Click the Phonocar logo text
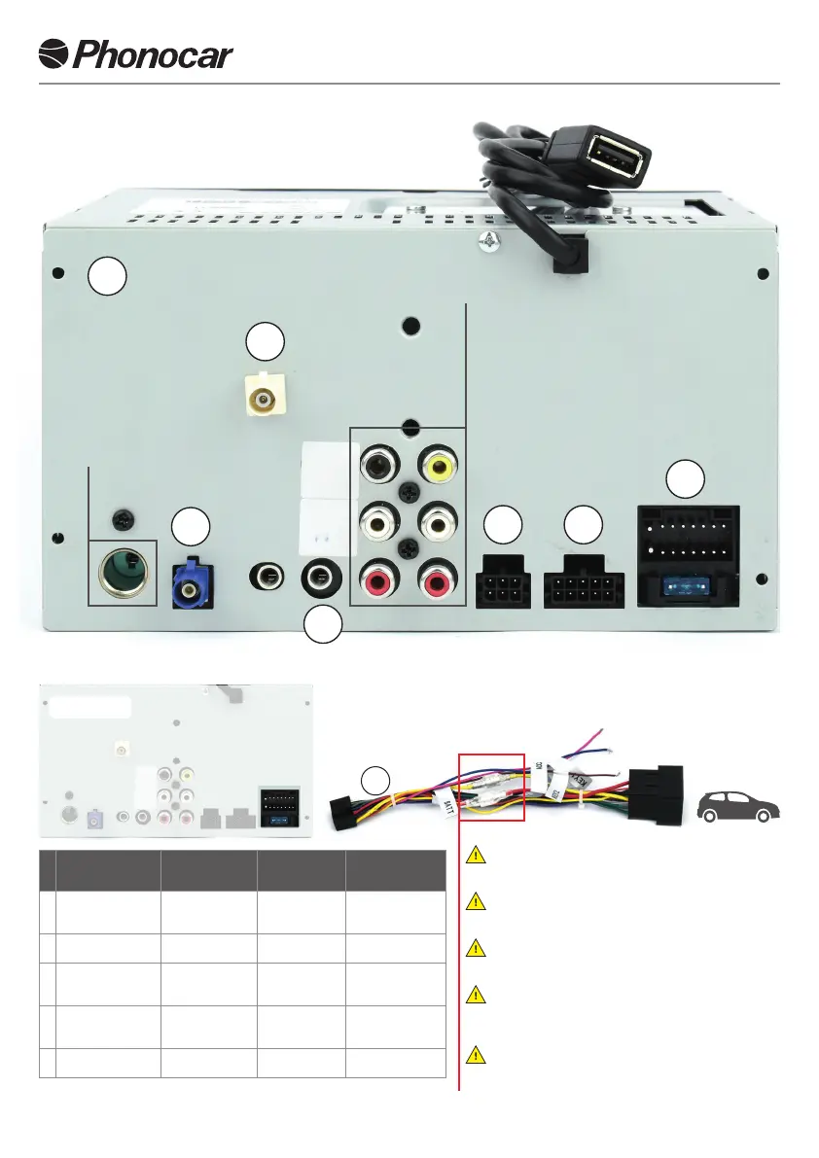tap(154, 54)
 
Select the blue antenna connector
tap(192, 582)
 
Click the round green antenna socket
tap(123, 574)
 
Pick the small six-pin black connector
tap(502, 584)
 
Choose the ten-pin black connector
tap(583, 584)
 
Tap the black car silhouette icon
tap(740, 806)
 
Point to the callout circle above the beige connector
tap(265, 341)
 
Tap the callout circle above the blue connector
tap(190, 527)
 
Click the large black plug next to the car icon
tap(657, 797)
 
